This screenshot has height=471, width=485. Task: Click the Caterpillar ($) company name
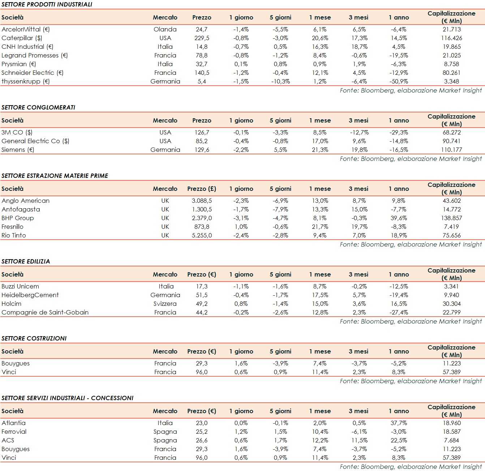coord(22,38)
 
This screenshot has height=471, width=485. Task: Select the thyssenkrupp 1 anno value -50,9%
coord(399,81)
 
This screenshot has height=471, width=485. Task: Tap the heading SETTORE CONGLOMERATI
coord(38,107)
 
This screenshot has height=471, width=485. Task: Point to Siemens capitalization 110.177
coord(451,150)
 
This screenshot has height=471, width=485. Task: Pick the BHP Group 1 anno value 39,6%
coord(399,218)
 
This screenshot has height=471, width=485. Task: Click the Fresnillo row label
coord(12,227)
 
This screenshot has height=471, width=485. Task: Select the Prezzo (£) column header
coord(201,189)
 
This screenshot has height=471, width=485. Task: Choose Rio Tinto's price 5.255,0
coord(202,235)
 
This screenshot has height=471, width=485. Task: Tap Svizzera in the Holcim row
coord(165,304)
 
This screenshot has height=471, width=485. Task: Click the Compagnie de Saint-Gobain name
coord(45,312)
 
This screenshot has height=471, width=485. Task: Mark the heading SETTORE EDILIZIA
coord(26,261)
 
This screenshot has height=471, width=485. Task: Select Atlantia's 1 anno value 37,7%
coord(399,423)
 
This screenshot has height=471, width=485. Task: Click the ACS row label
coord(8,440)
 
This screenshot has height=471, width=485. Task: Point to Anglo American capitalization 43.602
coord(451,201)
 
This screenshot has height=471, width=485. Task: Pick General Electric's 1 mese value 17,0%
coord(320,141)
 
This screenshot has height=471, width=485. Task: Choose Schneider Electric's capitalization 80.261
coord(451,73)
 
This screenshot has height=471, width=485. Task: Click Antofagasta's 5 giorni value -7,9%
coord(280,209)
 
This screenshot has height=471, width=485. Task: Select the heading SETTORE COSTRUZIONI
coord(34,338)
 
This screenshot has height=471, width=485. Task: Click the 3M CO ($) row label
coord(17,132)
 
